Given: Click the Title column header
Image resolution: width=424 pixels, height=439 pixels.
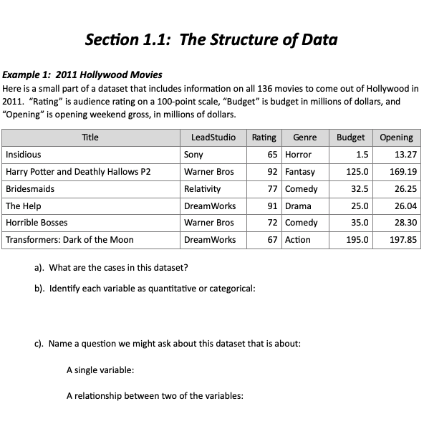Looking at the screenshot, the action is pyautogui.click(x=90, y=137).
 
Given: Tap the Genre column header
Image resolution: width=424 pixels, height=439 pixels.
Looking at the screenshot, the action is pyautogui.click(x=304, y=137).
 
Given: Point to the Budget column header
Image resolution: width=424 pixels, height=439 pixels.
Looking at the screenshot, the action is pyautogui.click(x=350, y=137).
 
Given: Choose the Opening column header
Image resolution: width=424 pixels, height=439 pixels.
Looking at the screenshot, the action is pyautogui.click(x=396, y=137).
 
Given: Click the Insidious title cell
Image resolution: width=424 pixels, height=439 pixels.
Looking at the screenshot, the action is pyautogui.click(x=24, y=154).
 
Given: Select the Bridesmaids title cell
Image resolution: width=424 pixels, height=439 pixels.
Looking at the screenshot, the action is pyautogui.click(x=30, y=188).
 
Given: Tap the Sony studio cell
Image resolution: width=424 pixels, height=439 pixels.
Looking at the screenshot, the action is pyautogui.click(x=193, y=154).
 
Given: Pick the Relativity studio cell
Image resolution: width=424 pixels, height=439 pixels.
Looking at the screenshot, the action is pyautogui.click(x=202, y=188).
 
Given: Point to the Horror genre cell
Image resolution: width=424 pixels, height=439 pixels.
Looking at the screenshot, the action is pyautogui.click(x=298, y=154).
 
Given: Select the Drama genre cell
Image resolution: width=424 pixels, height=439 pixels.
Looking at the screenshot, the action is pyautogui.click(x=297, y=206).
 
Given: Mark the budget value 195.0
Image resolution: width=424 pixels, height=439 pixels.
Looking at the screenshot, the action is pyautogui.click(x=358, y=240).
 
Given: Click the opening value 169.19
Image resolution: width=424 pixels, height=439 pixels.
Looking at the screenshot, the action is pyautogui.click(x=403, y=171).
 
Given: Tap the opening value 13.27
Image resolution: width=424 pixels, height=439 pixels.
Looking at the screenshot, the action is pyautogui.click(x=405, y=154).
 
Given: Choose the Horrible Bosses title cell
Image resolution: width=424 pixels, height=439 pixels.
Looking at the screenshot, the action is pyautogui.click(x=37, y=223).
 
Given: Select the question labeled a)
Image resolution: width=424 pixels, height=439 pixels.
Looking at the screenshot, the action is pyautogui.click(x=111, y=269).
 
